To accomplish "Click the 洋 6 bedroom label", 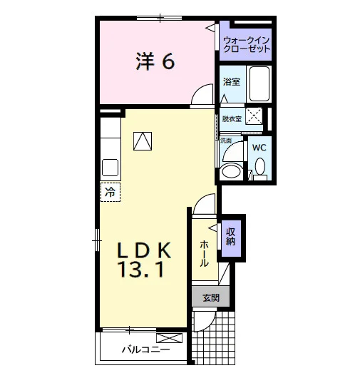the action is point(155,61).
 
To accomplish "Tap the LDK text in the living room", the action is point(144,250).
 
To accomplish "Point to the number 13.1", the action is point(141,270).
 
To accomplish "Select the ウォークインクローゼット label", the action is point(247,44).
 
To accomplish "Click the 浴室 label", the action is point(232,82).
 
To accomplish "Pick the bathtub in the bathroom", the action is point(259,84).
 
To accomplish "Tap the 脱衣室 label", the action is point(232,119).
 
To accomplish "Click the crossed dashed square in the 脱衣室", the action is point(254,116).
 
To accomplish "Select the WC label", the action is point(259,148).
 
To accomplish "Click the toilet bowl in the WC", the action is point(260,166).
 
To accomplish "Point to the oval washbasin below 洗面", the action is point(230,171).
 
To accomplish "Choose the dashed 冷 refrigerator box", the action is point(110,192).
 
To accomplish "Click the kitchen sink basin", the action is point(110,168).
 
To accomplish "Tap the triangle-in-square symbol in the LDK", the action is point(143,141).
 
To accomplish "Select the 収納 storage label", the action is point(231,237).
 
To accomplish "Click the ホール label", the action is point(204,253).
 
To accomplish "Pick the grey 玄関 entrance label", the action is point(211,297).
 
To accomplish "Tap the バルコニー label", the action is point(145,349).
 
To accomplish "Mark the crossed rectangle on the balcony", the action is point(169,338).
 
